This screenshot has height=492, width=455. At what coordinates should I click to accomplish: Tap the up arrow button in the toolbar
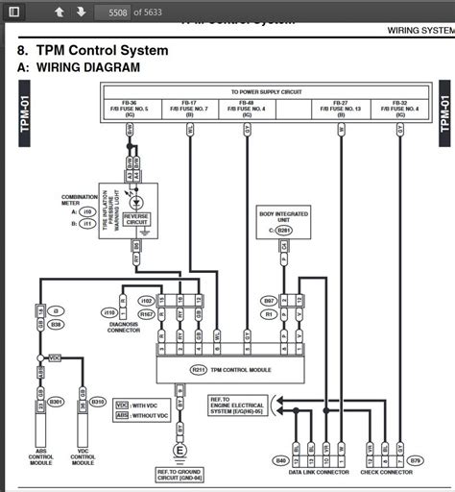pyautogui.click(x=60, y=12)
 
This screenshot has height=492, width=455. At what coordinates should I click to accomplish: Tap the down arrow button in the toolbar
pyautogui.click(x=81, y=12)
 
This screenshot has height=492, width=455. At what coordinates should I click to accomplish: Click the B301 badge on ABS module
pyautogui.click(x=57, y=401)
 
